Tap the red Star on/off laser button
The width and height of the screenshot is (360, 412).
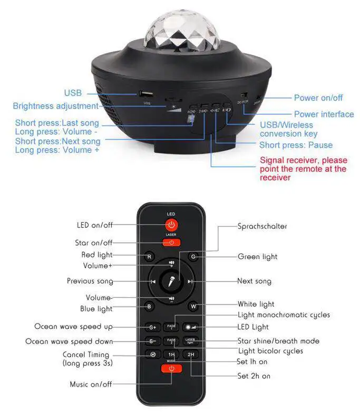coord(171,243)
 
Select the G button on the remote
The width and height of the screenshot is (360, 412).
coord(193,257)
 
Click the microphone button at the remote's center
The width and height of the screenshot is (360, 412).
coord(172,282)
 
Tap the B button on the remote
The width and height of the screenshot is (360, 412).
coord(149,306)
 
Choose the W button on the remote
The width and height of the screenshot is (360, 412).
coord(193,306)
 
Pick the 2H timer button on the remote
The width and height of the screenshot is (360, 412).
coord(191,355)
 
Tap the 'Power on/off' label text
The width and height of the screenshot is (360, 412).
coord(318,97)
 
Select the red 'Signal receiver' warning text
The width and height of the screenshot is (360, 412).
coord(303,169)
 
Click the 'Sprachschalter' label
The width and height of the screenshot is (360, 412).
coord(262,226)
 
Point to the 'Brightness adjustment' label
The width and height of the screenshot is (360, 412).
coord(55,106)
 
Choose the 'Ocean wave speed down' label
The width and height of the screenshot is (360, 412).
coord(69,341)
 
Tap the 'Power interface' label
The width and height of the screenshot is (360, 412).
coord(324,114)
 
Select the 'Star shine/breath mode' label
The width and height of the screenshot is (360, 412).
coord(278,341)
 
